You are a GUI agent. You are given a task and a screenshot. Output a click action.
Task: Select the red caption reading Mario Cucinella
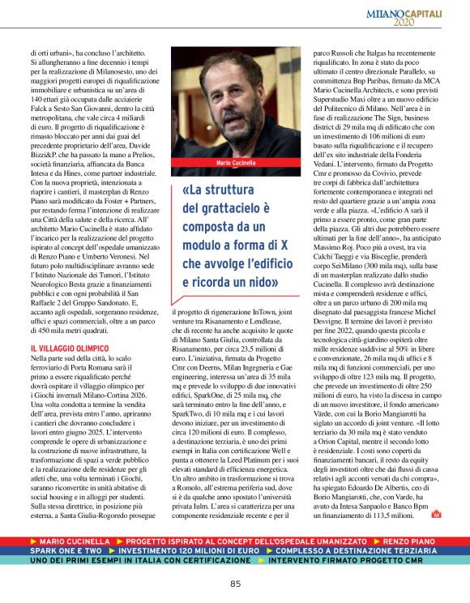click(x=235, y=163)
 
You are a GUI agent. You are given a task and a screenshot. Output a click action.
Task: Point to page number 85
click(x=235, y=584)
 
